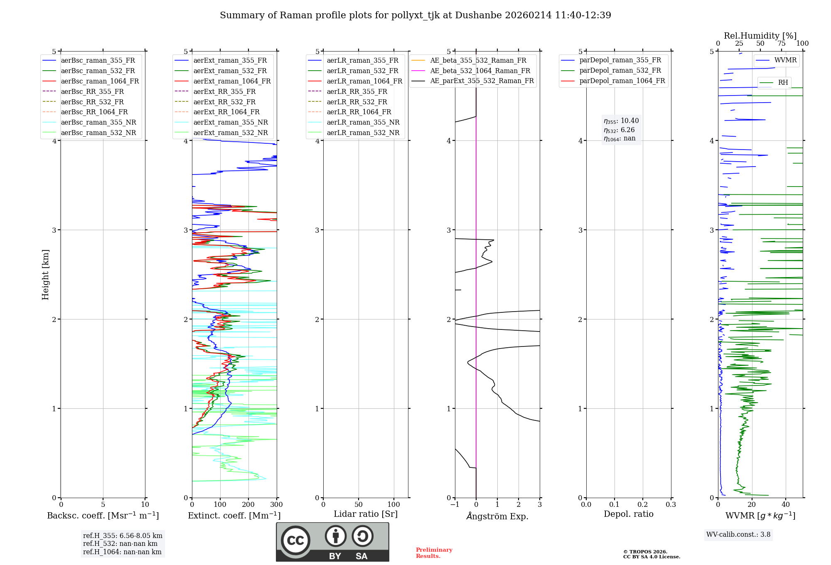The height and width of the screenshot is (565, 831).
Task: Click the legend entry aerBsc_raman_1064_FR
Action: pos(100,81)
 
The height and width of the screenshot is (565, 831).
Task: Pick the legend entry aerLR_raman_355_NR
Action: pos(363,122)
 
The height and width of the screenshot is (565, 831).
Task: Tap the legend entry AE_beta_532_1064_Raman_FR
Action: pos(480,71)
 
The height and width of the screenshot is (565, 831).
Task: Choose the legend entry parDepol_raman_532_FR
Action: pos(620,71)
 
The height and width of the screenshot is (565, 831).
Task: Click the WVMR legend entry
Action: pos(785,60)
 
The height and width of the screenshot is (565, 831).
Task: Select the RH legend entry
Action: pos(783,83)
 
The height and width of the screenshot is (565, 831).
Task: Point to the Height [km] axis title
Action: pos(45,275)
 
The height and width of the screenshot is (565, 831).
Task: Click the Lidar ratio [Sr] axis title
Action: pos(366,514)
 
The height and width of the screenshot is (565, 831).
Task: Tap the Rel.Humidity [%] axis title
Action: pos(760,36)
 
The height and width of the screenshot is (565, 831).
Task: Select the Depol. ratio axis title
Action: pos(628,514)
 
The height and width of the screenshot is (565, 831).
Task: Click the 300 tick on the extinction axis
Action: pos(276,505)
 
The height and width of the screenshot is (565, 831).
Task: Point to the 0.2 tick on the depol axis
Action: pos(642,505)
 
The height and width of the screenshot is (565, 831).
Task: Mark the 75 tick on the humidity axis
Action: pos(782,44)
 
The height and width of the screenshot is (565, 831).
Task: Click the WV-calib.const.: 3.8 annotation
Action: pos(738,534)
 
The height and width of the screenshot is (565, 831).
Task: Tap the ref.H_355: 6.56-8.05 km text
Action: pos(123,536)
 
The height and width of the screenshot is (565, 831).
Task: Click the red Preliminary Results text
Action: pos(434,553)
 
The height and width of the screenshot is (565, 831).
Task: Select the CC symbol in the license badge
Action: pos(295,540)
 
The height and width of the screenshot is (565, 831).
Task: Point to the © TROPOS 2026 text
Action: pos(645,552)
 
